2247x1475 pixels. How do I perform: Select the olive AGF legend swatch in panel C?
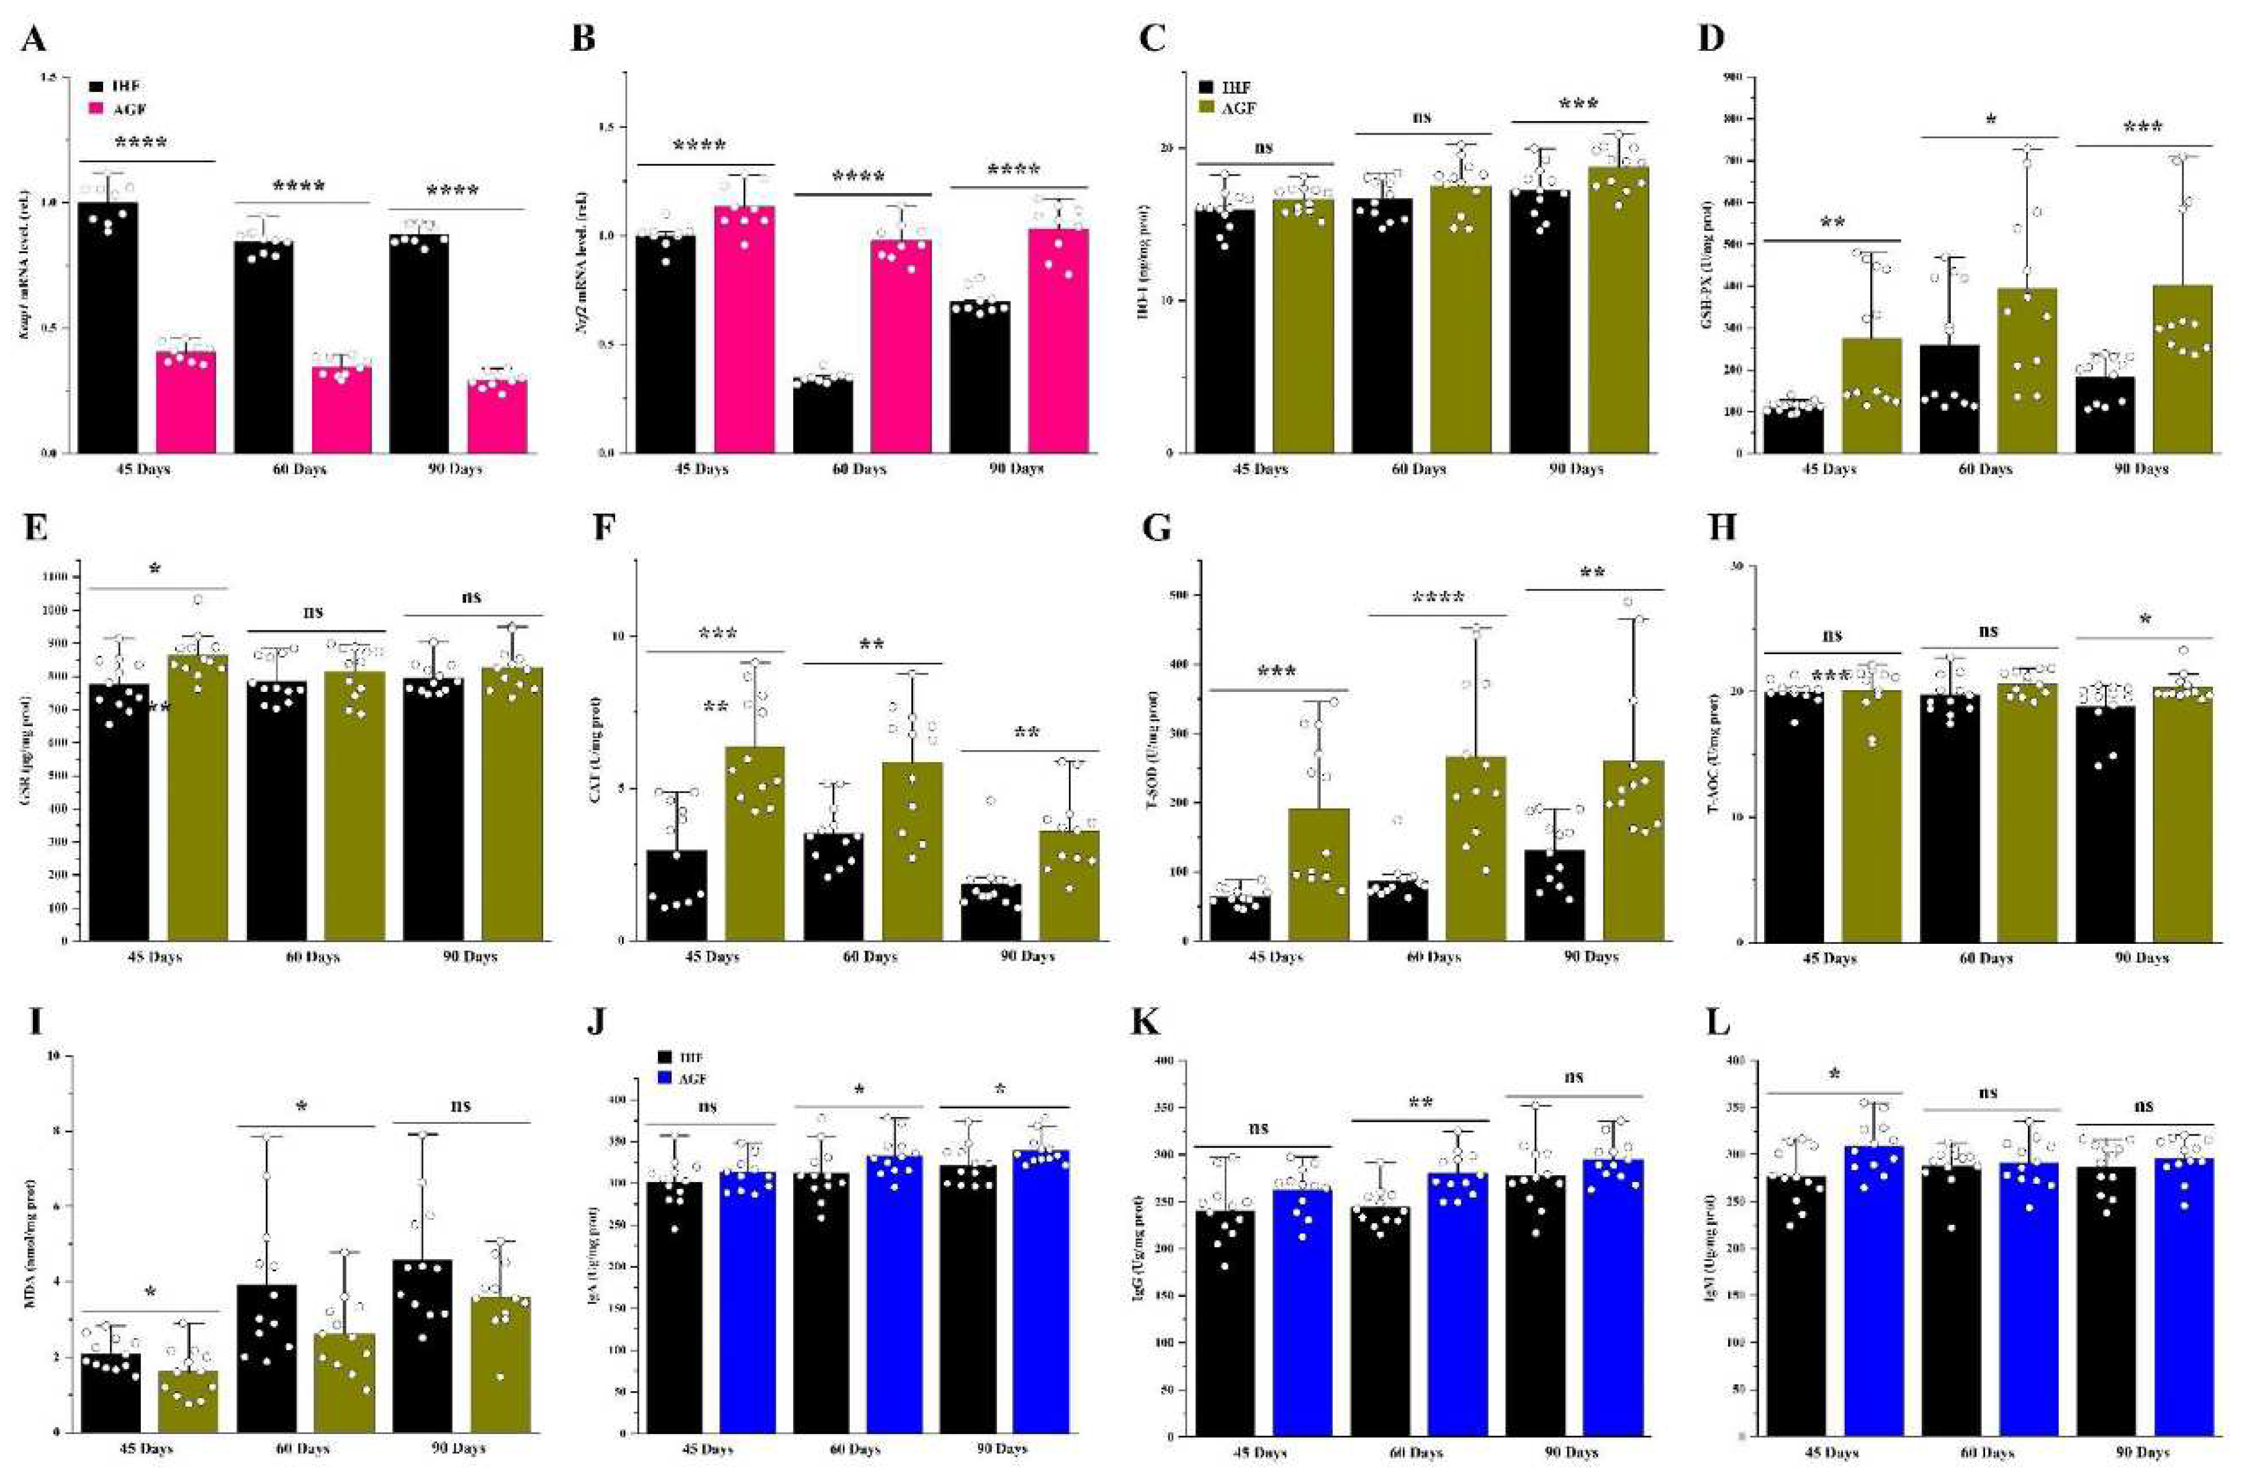click(x=1209, y=109)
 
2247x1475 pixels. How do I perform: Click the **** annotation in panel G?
click(x=1437, y=598)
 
